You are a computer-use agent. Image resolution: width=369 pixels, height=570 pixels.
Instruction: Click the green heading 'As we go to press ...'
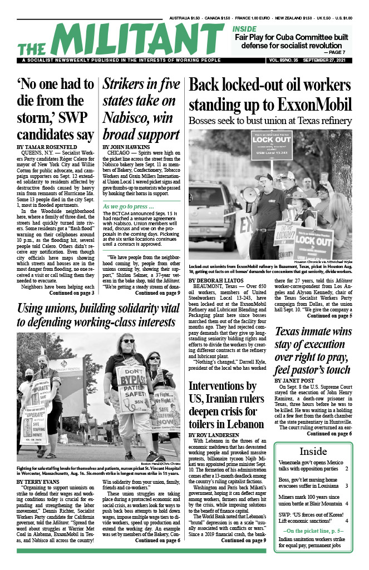128,207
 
